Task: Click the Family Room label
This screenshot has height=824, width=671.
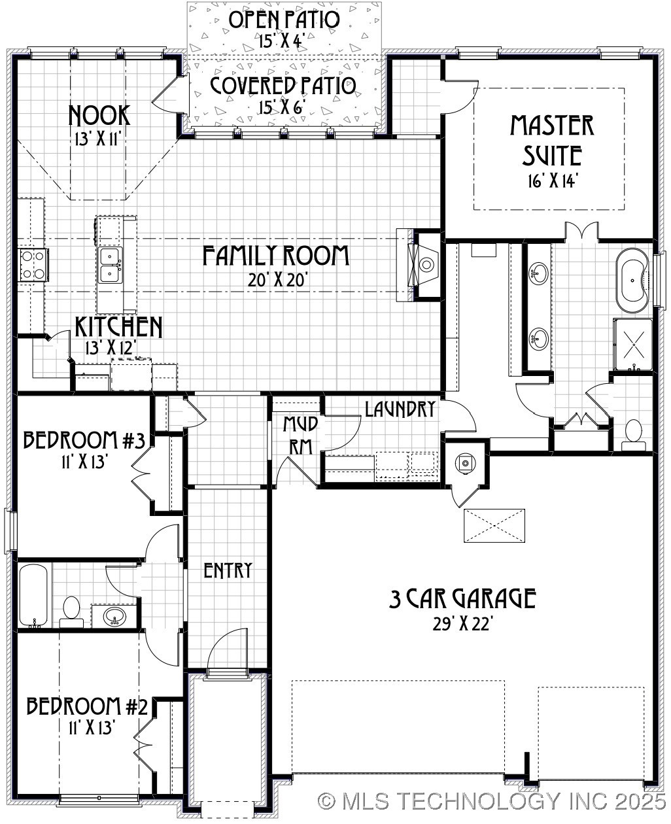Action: tap(275, 256)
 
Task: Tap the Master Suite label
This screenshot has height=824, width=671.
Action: tap(553, 140)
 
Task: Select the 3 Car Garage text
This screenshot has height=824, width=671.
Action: tap(462, 598)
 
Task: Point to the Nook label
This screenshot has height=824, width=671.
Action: tap(99, 115)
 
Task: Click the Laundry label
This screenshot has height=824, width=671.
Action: tap(400, 409)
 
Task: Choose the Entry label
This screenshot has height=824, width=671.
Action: tap(228, 570)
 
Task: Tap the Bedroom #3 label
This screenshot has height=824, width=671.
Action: tap(84, 439)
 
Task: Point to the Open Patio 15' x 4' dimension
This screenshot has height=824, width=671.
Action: tap(282, 41)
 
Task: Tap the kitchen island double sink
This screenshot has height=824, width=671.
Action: tap(109, 264)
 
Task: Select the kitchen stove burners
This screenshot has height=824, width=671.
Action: tap(32, 265)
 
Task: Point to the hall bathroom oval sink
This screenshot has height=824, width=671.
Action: tap(116, 616)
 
